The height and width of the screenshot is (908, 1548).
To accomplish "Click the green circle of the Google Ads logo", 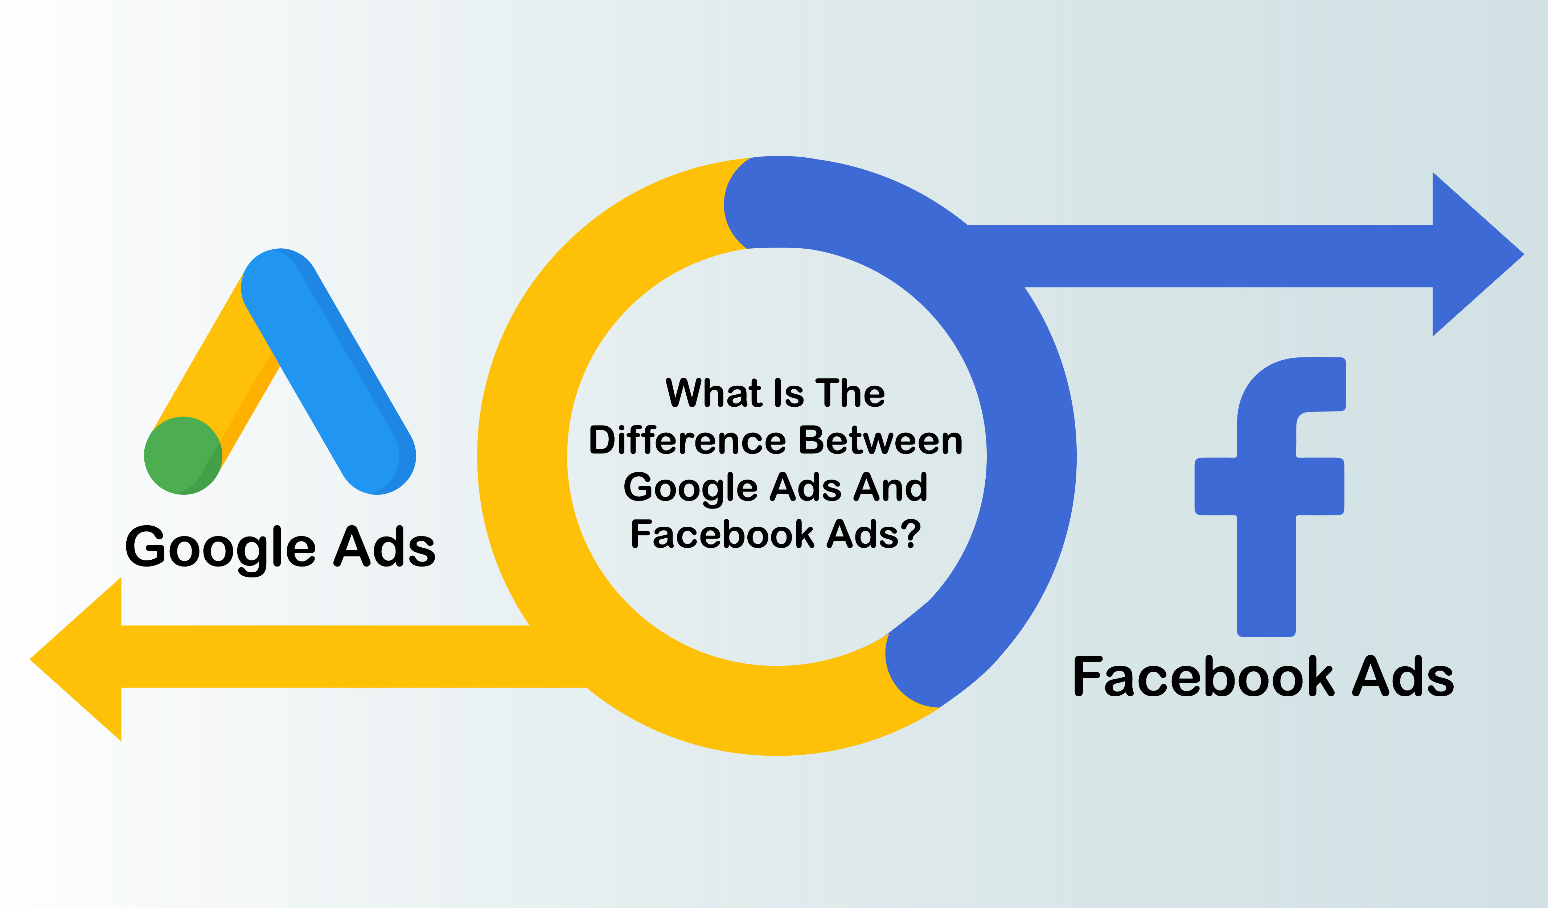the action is [x=183, y=456].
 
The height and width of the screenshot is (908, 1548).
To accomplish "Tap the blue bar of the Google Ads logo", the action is [x=329, y=372].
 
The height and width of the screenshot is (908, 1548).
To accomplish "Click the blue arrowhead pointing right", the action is [x=1474, y=254].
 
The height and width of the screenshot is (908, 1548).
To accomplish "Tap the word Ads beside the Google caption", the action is [x=385, y=546].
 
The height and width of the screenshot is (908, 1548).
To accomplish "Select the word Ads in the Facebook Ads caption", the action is [x=1403, y=676].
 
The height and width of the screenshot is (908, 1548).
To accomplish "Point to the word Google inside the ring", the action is [x=691, y=489].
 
